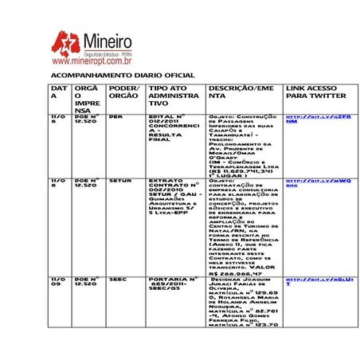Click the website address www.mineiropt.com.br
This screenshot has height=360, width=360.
point(92,60)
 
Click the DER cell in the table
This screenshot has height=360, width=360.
point(115,116)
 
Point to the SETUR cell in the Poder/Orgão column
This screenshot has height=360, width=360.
point(120,181)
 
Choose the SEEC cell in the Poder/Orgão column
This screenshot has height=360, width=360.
point(117,280)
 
